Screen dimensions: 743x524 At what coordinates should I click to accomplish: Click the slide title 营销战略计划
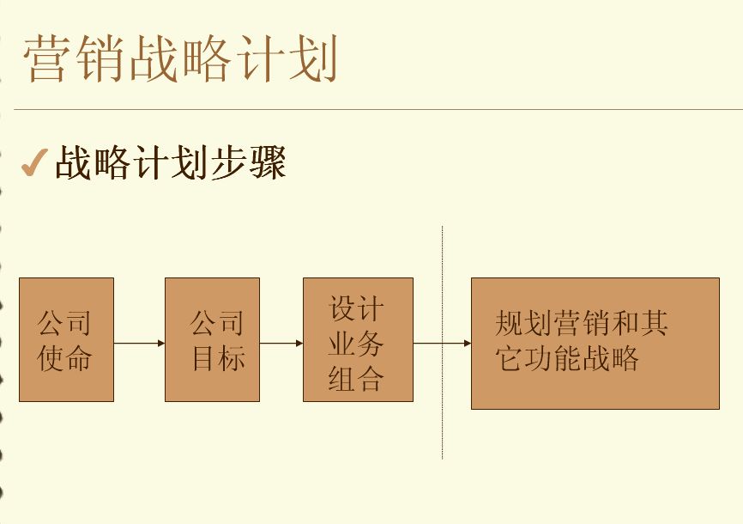point(181,59)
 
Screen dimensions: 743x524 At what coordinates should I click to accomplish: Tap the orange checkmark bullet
point(34,163)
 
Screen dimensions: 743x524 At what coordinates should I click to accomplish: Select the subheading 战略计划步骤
point(171,162)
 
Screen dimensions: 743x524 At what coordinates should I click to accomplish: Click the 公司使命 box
point(66,340)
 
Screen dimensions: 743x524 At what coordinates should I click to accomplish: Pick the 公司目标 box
point(212,340)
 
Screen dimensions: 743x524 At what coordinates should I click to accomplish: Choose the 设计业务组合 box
point(359,340)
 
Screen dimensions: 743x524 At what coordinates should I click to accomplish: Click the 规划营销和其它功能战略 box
point(595,343)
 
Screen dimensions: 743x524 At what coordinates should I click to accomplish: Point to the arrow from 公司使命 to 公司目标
point(139,343)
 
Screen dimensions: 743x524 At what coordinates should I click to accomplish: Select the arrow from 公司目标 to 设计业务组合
point(281,343)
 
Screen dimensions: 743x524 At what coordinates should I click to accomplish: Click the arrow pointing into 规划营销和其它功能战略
point(442,343)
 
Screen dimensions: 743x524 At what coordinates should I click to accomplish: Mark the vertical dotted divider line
point(442,343)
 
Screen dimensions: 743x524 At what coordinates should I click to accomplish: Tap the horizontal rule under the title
point(378,109)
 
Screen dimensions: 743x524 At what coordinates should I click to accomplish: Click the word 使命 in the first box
point(65,357)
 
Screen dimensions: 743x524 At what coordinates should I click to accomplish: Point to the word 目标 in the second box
point(219,357)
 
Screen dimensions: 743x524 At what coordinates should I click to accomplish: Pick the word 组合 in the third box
point(356,378)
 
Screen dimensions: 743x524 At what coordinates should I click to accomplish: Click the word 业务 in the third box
point(356,343)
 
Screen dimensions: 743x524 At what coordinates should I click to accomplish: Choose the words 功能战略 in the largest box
point(582,358)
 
